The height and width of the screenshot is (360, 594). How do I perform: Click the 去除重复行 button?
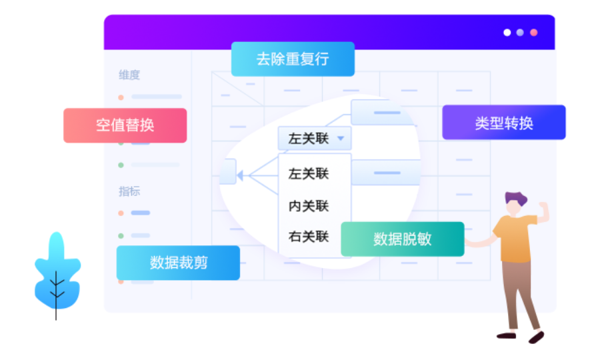pos(293,59)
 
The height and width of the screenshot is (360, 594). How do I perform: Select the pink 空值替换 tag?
pos(125,125)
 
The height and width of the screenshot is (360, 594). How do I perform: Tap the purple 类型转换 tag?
pos(503,123)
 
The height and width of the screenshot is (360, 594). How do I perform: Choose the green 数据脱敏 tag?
pos(402,239)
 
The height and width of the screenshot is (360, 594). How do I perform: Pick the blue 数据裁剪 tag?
pos(178,263)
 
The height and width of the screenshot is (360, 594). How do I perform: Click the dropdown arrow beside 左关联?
pos(341,139)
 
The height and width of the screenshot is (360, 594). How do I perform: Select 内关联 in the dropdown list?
pos(309,206)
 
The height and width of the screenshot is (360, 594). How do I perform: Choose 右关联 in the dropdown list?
pos(309,236)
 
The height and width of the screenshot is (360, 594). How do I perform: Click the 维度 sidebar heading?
pos(129,75)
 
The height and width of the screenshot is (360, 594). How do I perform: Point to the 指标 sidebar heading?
pos(129,191)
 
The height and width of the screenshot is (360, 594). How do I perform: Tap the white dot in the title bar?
pos(507,33)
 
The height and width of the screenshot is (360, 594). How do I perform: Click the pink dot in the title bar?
pos(533,33)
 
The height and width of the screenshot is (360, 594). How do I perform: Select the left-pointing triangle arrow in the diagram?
pos(239,175)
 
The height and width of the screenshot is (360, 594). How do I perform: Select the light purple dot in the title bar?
pos(520,33)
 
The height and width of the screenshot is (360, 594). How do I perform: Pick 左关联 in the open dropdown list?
pos(309,174)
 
